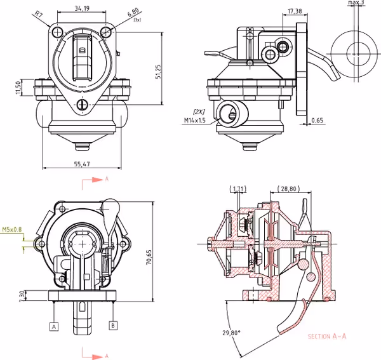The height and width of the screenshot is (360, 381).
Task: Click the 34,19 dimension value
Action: click(x=81, y=8)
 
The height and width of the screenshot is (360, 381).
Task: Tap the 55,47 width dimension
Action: click(x=82, y=164)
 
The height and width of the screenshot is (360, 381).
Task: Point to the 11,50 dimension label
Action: click(x=19, y=87)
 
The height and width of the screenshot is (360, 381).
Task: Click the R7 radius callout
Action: click(x=39, y=13)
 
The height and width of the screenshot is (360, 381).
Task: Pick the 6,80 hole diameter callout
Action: click(x=133, y=12)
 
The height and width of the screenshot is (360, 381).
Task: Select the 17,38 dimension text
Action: click(x=294, y=11)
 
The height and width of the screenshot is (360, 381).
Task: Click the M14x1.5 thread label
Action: click(x=195, y=119)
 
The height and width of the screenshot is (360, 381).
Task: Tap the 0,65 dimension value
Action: click(x=317, y=119)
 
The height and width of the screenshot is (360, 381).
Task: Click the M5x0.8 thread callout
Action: click(x=11, y=229)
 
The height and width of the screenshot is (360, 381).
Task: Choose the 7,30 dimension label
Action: click(x=22, y=295)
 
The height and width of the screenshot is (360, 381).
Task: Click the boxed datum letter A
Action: click(x=54, y=326)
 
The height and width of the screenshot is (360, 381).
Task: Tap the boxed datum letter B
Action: click(x=113, y=326)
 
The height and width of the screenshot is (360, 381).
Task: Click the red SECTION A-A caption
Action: click(x=326, y=337)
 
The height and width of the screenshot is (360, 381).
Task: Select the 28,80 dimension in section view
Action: click(x=289, y=189)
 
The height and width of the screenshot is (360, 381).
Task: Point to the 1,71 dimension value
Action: click(x=239, y=189)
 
